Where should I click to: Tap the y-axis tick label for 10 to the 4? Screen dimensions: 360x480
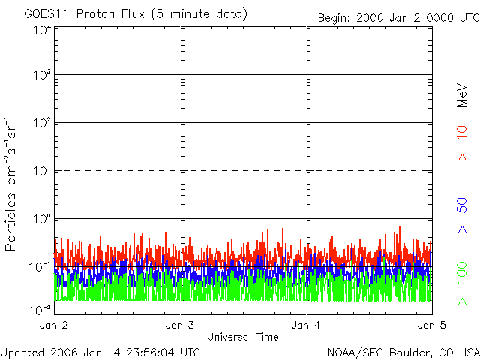click(41, 30)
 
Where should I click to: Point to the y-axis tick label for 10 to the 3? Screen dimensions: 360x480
click(41, 76)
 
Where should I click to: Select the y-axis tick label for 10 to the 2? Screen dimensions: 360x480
click(41, 123)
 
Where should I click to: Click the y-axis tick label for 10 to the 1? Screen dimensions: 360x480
click(41, 171)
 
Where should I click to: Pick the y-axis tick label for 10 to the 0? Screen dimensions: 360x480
click(41, 219)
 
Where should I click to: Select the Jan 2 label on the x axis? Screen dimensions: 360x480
click(54, 325)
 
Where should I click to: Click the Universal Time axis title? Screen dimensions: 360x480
click(242, 337)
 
